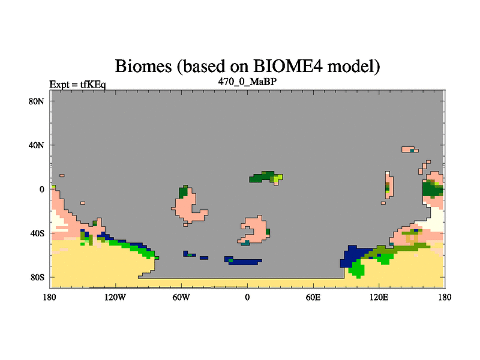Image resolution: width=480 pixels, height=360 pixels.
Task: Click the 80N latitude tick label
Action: point(37,101)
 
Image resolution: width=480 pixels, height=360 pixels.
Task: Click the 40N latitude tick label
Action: point(37,145)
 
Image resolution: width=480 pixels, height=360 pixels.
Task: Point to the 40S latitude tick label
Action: point(37,233)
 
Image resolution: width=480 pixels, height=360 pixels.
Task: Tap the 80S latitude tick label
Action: point(37,277)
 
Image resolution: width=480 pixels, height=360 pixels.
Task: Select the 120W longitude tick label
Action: point(115,297)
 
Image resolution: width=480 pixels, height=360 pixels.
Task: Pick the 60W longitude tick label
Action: point(181,297)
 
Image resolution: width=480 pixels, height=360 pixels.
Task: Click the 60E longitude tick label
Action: point(313,297)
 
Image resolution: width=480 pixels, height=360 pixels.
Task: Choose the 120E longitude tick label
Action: point(379,297)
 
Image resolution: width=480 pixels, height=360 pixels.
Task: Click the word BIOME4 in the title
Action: point(288,66)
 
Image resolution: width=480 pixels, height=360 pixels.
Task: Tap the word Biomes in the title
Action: point(143,66)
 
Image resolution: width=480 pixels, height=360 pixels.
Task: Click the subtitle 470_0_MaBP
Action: point(247,82)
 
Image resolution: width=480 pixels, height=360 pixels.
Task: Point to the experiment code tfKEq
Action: point(93,84)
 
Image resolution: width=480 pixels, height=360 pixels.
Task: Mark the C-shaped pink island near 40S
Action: point(253,230)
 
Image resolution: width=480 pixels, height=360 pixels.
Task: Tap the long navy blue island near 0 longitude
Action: point(244,261)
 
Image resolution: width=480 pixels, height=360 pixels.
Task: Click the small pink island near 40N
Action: point(410,149)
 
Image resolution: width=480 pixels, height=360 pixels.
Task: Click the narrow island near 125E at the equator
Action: point(389,185)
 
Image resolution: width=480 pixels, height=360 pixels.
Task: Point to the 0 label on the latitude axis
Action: point(41,190)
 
